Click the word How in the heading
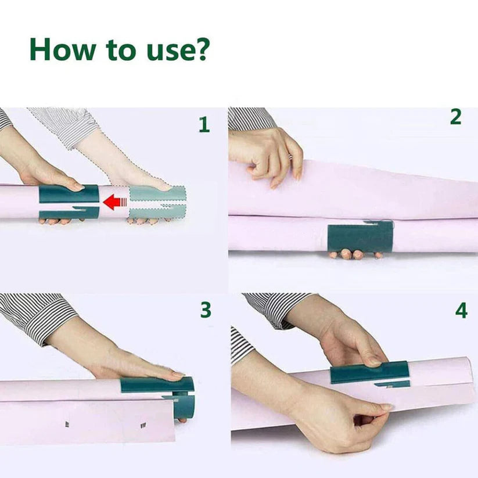[63, 49]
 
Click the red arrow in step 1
[115, 202]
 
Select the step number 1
[204, 125]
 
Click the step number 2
[456, 117]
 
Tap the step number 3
[206, 310]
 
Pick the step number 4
[461, 311]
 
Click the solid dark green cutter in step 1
[69, 201]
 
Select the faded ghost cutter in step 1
[157, 202]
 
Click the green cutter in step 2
[360, 237]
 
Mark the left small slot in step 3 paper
[67, 424]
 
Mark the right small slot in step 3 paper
[143, 425]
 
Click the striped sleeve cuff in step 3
[38, 318]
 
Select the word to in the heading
[120, 51]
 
